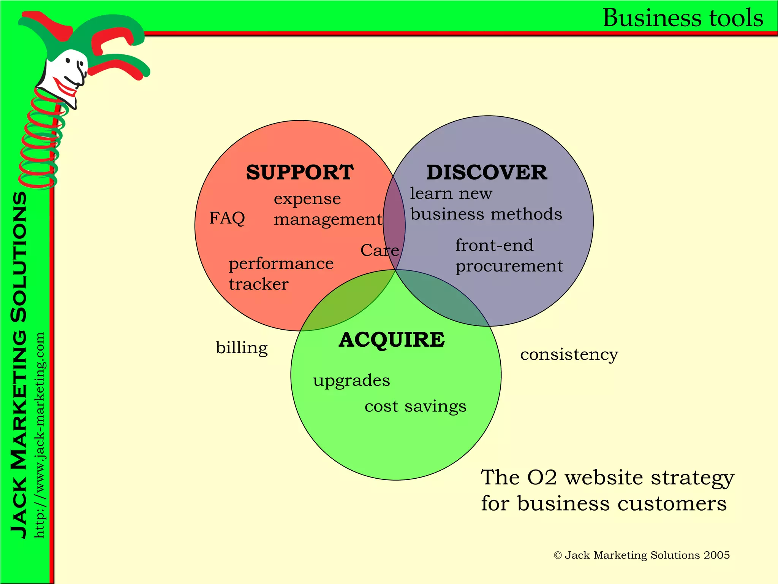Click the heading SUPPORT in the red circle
click(x=300, y=172)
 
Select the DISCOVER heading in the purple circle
click(x=487, y=172)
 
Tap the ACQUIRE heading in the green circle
click(x=392, y=340)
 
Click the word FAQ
click(x=227, y=218)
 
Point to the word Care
click(x=379, y=250)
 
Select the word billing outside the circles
click(x=242, y=348)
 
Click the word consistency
click(x=569, y=354)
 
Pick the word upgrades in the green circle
click(x=351, y=381)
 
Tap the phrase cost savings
click(x=415, y=406)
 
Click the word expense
click(x=307, y=199)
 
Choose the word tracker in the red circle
click(x=258, y=284)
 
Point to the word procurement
click(x=509, y=266)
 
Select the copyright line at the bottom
click(x=642, y=555)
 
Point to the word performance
click(x=281, y=264)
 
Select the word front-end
click(x=494, y=245)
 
